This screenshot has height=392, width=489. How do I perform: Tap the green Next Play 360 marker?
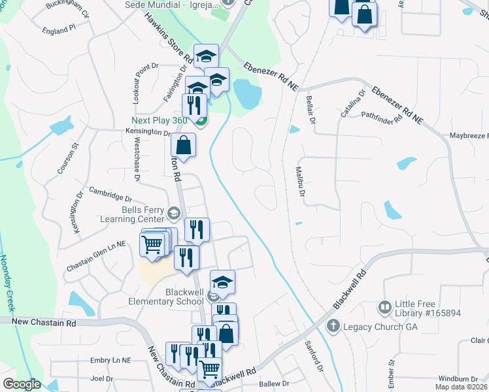pos(201,120)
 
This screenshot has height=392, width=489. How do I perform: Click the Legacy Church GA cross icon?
pos(332,325)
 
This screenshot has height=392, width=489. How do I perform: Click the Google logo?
pos(22,384)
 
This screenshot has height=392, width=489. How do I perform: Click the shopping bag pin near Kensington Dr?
pos(184,146)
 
